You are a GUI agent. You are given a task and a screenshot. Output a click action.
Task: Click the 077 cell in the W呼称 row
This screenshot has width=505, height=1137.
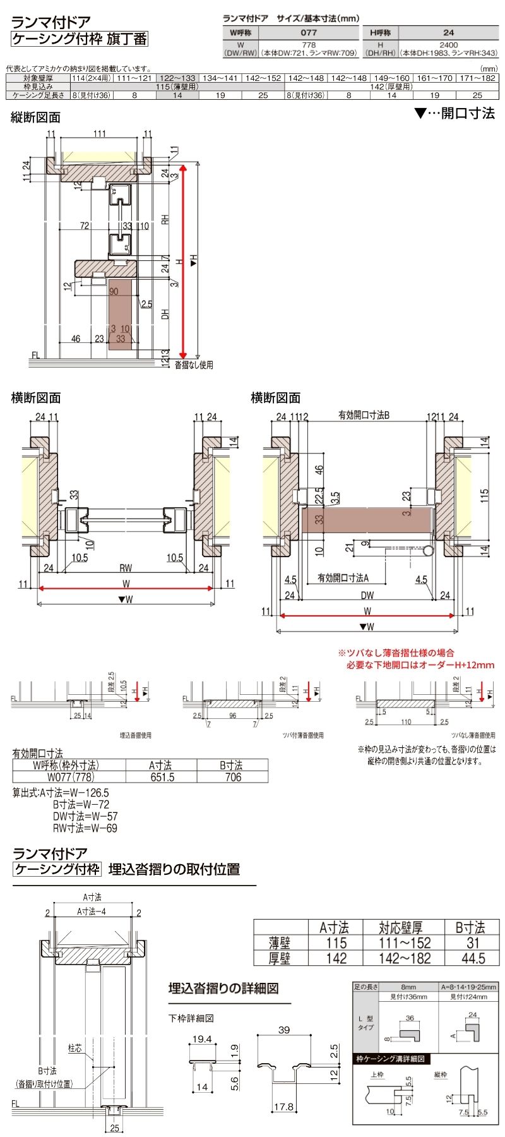[x=309, y=32]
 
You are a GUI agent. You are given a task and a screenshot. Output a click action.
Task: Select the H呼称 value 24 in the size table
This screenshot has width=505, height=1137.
[x=448, y=32]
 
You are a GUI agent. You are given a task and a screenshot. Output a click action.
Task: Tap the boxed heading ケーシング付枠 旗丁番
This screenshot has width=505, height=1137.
[x=80, y=39]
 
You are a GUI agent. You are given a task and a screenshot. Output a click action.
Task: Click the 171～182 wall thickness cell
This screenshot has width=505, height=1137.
[x=477, y=78]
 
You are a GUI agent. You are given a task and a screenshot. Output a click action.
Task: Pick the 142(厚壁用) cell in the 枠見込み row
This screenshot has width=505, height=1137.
[x=391, y=87]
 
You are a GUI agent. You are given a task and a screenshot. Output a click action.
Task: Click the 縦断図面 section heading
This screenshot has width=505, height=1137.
[x=36, y=117]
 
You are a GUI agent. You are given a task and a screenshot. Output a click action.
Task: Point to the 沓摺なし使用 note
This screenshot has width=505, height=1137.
[x=193, y=364]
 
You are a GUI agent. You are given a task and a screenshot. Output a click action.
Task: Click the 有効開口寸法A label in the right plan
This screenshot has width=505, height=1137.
[x=343, y=577]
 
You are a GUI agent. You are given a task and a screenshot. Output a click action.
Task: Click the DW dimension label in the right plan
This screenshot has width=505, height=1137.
[x=367, y=595]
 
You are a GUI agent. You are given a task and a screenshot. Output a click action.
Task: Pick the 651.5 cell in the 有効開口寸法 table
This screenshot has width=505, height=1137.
[x=162, y=777]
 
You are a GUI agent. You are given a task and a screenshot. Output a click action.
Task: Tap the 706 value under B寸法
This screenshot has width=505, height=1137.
[x=233, y=777]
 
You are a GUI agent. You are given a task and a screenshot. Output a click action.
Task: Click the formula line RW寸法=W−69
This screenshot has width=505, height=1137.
[x=85, y=827]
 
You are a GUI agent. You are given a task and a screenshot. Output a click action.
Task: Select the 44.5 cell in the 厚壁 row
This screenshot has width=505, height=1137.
[x=473, y=958]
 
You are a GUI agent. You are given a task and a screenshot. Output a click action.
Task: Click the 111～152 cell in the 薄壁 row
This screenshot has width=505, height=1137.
[x=405, y=942]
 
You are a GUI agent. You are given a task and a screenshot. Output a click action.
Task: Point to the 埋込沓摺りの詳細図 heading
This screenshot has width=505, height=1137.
[x=223, y=989]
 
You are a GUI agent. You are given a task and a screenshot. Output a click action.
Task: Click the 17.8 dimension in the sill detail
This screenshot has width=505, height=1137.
[x=285, y=1106]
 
